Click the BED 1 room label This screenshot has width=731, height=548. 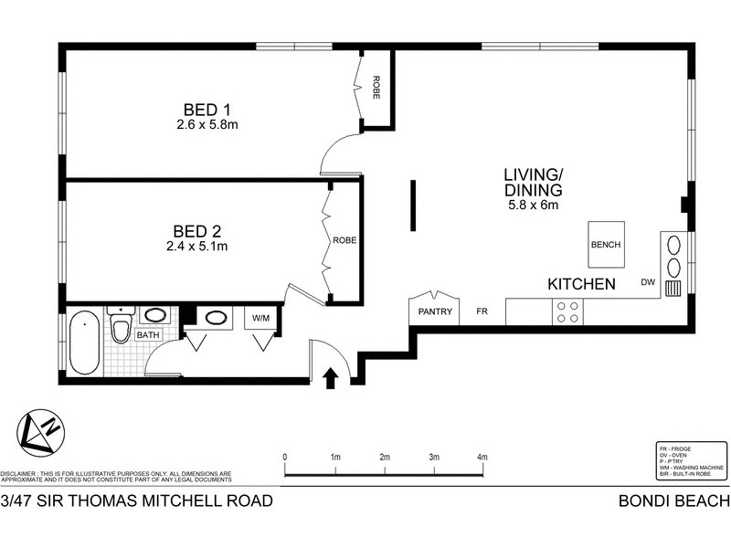pyautogui.click(x=207, y=108)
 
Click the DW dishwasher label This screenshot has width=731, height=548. pyautogui.click(x=649, y=281)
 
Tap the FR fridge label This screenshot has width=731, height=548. pyautogui.click(x=482, y=312)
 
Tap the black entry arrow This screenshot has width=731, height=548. pyautogui.click(x=331, y=377)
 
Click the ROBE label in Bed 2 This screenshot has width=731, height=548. pyautogui.click(x=344, y=240)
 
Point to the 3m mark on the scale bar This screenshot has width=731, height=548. pyautogui.click(x=434, y=457)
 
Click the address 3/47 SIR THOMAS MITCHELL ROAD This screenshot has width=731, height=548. pyautogui.click(x=137, y=501)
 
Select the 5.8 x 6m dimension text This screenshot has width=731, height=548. pyautogui.click(x=533, y=205)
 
